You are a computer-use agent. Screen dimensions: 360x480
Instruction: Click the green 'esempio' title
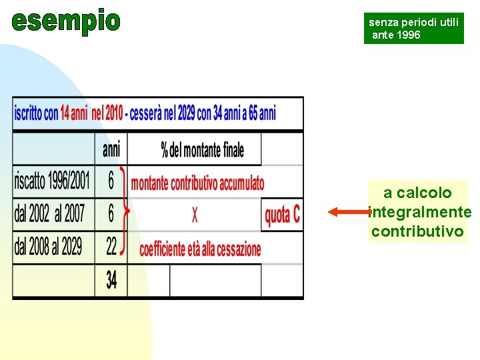[x=66, y=21]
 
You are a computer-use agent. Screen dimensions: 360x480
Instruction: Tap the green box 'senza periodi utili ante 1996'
[x=413, y=29]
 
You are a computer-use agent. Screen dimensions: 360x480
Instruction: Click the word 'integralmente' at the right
[x=419, y=213]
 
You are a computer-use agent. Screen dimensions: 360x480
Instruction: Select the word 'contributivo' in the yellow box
[x=417, y=231]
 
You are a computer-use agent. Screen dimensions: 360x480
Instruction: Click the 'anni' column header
[x=111, y=149]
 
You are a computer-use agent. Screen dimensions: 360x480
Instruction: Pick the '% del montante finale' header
[x=203, y=149]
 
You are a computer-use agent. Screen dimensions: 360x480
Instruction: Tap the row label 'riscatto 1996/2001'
[x=53, y=181]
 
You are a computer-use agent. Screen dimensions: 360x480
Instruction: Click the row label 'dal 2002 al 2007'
[x=50, y=214]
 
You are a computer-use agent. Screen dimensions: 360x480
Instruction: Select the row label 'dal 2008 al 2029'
[x=49, y=247]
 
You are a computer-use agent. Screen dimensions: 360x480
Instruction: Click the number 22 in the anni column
[x=111, y=247]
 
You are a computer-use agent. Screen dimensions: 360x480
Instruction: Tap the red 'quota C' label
[x=282, y=215]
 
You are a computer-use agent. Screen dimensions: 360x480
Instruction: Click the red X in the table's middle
[x=195, y=215]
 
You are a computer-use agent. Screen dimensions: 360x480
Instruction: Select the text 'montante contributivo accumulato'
[x=198, y=183]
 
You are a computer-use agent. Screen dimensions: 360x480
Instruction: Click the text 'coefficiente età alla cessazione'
[x=200, y=249]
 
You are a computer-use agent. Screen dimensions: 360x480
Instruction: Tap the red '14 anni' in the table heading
[x=74, y=113]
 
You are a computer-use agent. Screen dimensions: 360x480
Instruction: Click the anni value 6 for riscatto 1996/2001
[x=111, y=181]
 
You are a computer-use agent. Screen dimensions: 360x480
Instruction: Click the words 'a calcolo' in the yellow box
[x=417, y=193]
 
